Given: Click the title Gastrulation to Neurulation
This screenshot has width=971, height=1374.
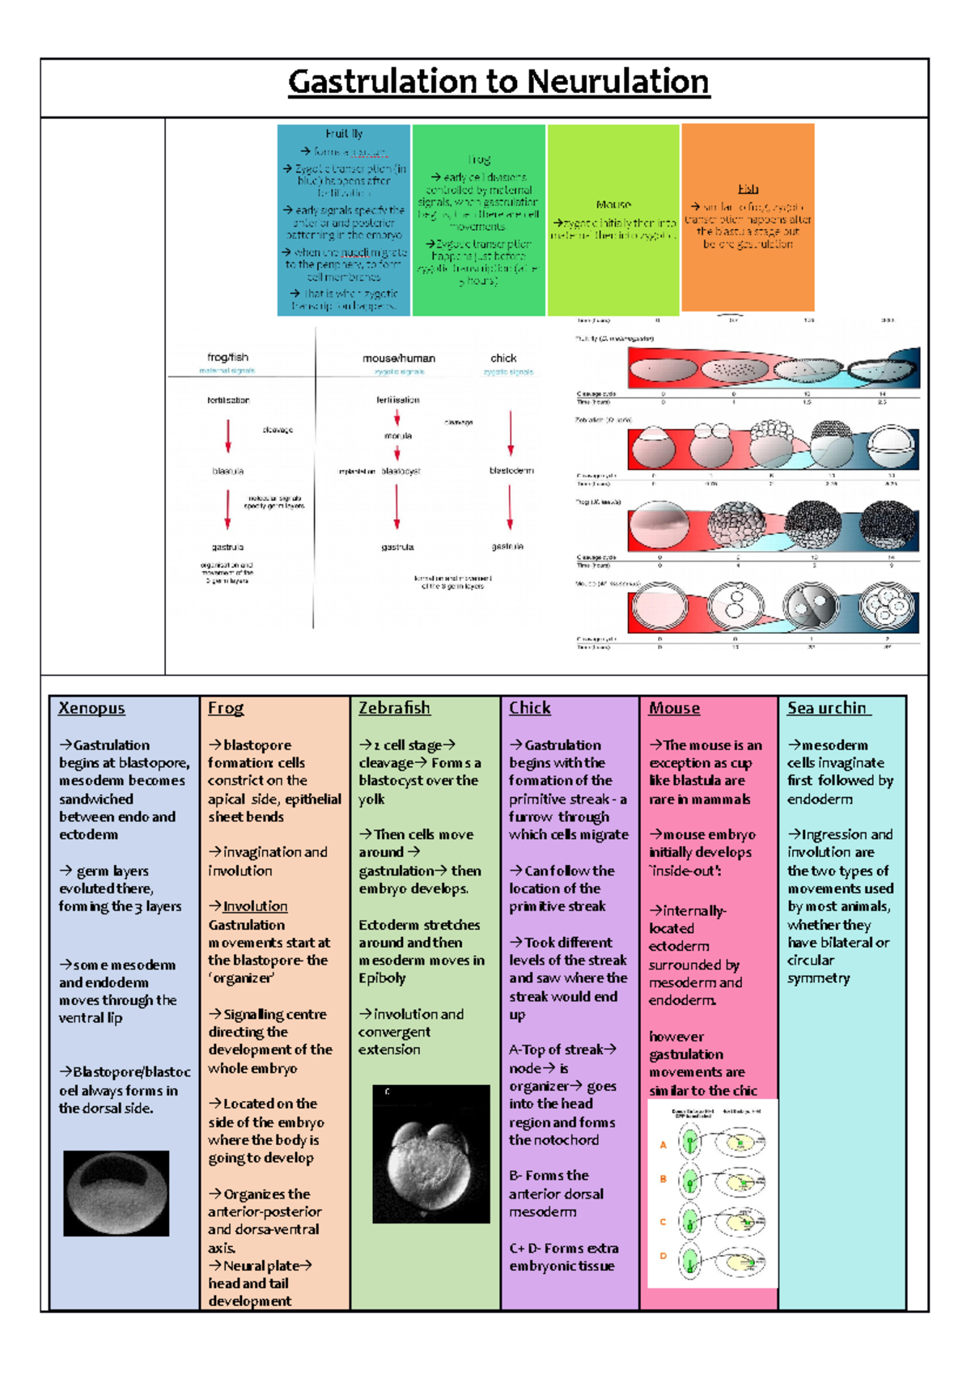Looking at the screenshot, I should [498, 82].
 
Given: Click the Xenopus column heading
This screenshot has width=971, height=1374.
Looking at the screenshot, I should [91, 708].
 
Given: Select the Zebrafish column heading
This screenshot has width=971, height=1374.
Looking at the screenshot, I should [394, 708].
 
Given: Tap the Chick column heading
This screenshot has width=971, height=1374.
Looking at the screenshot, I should [529, 708].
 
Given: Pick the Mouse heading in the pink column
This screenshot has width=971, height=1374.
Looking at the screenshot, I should [674, 708].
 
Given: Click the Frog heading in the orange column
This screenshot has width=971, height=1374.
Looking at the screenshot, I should [225, 708].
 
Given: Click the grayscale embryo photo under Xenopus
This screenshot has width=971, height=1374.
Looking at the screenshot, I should [116, 1193].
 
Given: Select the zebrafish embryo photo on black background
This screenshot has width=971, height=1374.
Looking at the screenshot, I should [430, 1154].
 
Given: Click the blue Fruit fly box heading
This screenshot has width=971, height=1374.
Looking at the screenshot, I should [344, 134].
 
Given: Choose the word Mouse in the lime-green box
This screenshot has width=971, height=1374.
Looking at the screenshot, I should [613, 205].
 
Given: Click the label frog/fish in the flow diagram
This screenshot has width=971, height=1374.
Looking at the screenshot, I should [227, 357].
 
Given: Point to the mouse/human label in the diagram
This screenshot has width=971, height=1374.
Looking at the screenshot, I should [398, 358].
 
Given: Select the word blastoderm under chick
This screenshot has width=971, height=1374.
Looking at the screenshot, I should [511, 470].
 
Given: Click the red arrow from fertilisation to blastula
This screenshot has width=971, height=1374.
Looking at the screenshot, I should [228, 435].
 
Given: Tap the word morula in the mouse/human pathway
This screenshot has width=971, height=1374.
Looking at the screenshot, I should [397, 435].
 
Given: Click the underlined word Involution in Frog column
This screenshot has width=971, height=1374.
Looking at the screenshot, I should [255, 906].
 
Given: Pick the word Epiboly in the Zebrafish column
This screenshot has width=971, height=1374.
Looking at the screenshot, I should [381, 978].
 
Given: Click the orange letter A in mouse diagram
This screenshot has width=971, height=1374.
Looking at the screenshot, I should [663, 1144].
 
